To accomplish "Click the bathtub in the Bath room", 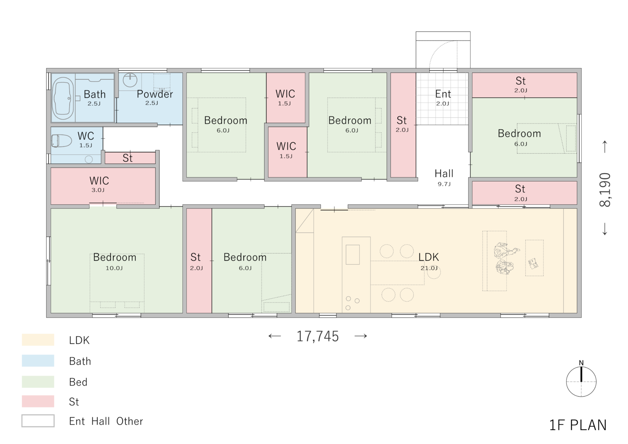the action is coord(63,98).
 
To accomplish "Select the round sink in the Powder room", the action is coord(130,80).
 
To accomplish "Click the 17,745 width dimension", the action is coord(318,336).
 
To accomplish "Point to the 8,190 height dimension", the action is coord(605,190).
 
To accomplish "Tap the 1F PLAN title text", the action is coord(578,425).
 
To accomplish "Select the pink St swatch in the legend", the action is coord(38,401).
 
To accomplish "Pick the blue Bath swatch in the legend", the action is coord(38,361).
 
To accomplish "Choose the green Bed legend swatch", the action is coord(38,381).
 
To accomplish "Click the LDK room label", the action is coord(428,257).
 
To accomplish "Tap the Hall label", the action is coord(444,173).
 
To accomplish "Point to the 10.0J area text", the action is coord(114,268).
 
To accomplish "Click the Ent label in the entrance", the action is coord(443,94).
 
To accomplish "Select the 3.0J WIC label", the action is coord(98,190).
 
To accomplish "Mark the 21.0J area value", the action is coord(429,268).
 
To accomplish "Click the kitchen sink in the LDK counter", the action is coord(353,255).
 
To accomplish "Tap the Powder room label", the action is coord(155,94).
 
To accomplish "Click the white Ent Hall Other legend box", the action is coord(38,421).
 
